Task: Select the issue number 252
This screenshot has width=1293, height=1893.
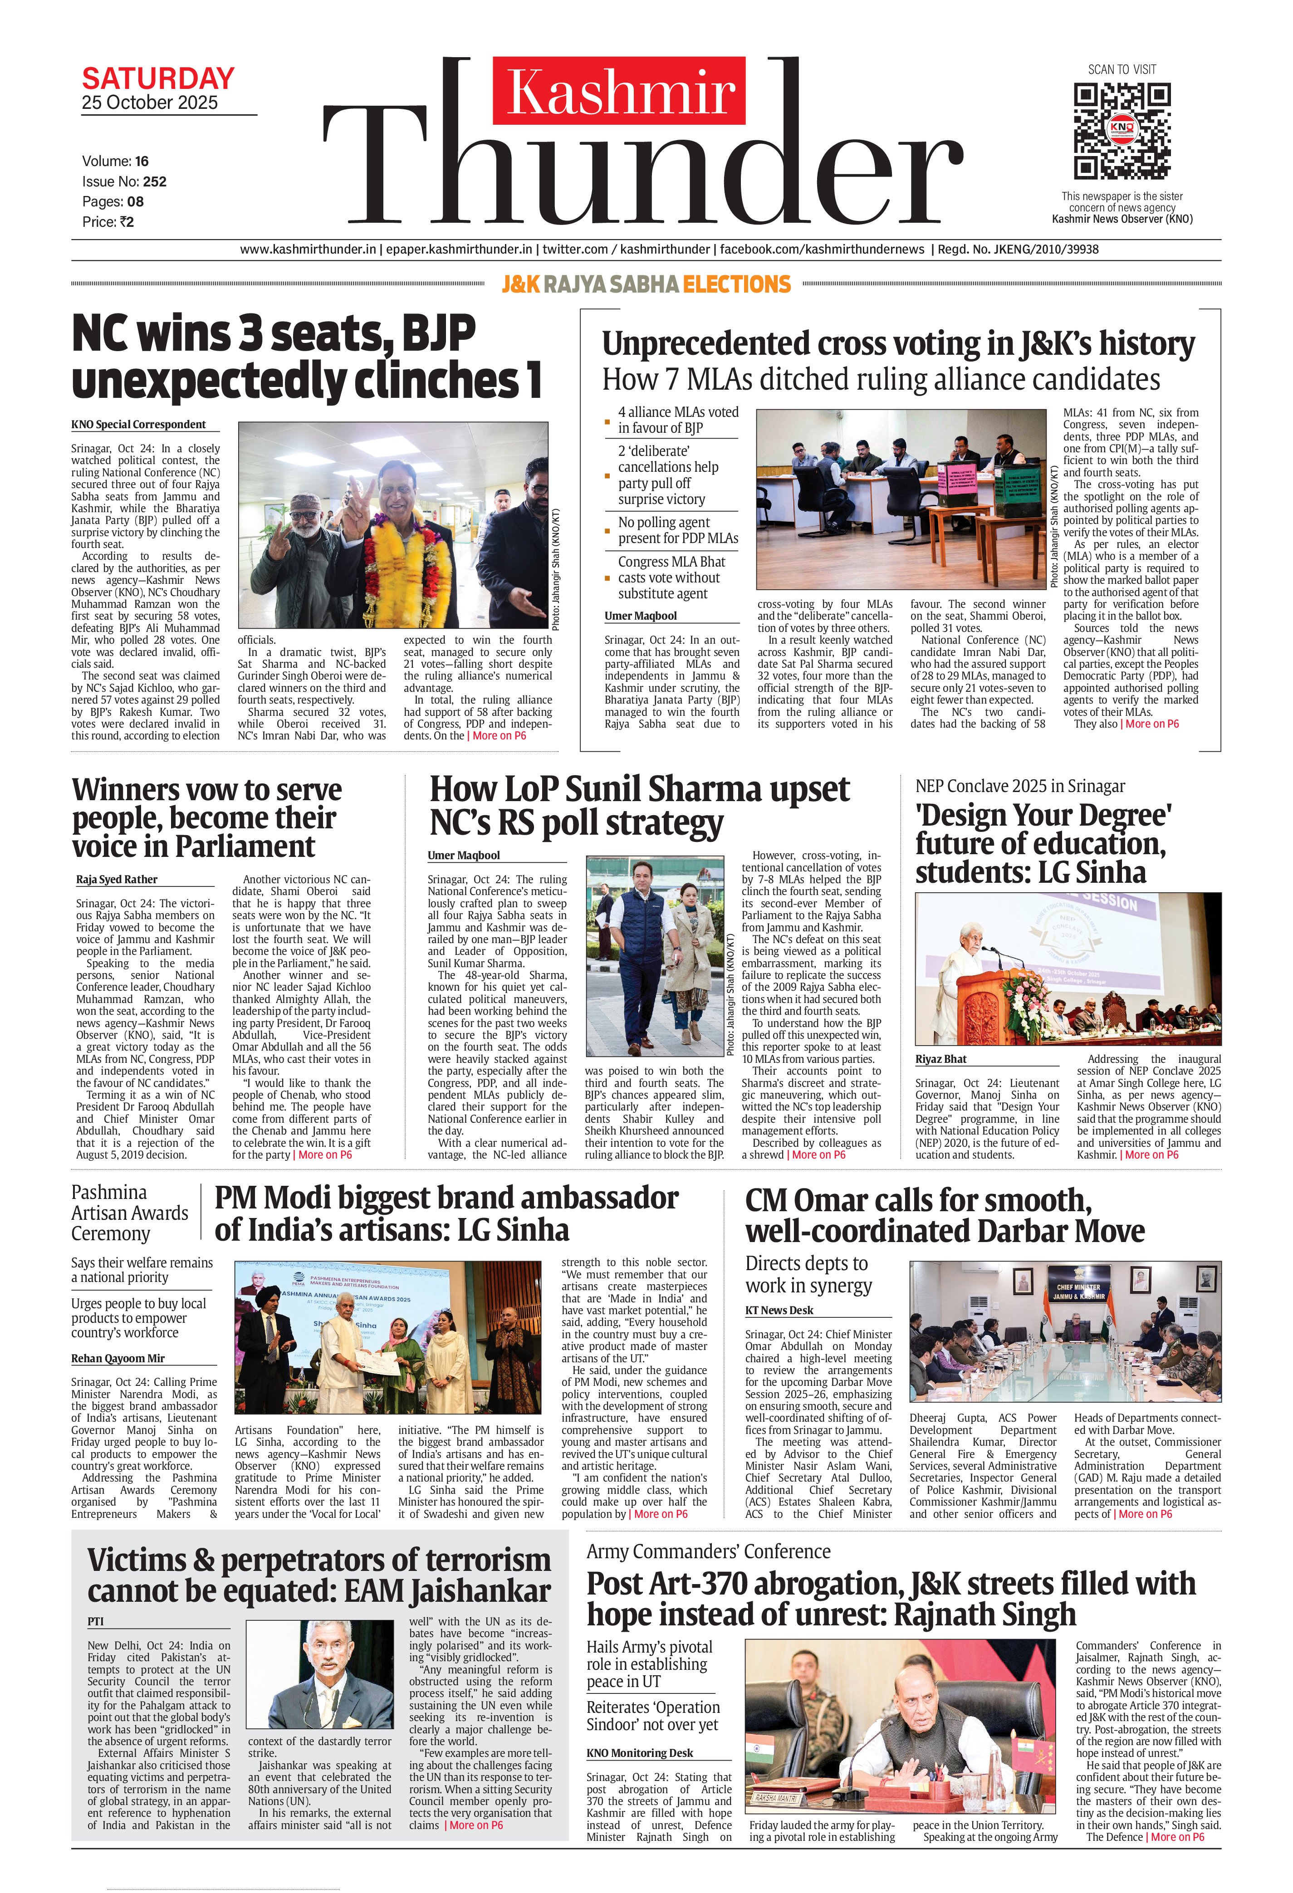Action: tap(154, 181)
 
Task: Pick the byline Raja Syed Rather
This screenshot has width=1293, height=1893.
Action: tap(117, 880)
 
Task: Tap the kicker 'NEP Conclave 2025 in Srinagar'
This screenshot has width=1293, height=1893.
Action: tap(1019, 786)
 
